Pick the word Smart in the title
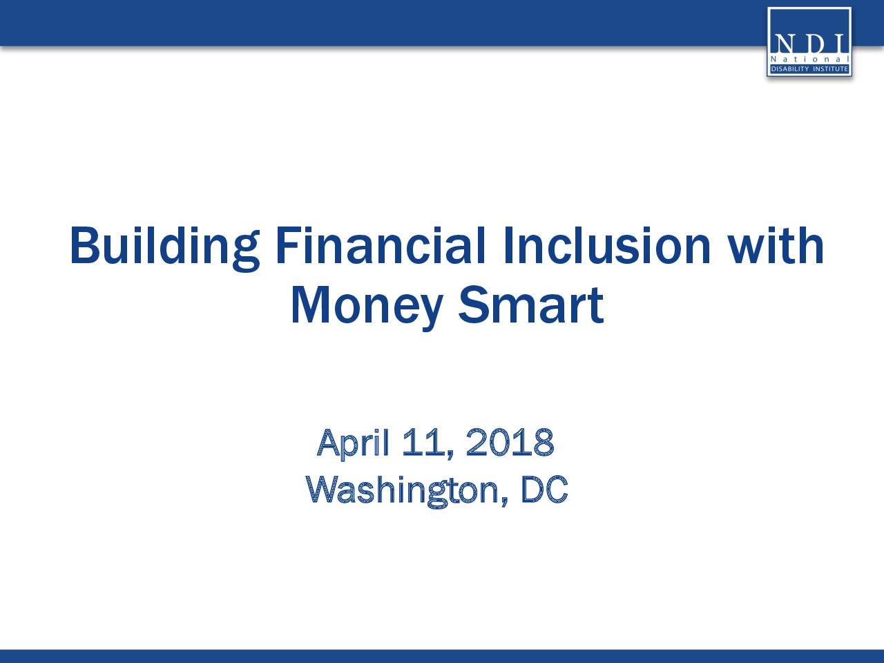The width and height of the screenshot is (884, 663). [531, 305]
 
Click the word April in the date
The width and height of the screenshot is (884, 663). [353, 443]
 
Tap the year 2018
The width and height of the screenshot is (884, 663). [510, 443]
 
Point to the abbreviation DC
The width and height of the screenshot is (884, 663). [544, 490]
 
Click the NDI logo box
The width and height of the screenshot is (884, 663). [809, 42]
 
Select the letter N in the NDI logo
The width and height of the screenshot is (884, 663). [784, 44]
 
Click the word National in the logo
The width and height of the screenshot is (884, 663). [809, 59]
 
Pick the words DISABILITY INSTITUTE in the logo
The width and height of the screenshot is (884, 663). [809, 69]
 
